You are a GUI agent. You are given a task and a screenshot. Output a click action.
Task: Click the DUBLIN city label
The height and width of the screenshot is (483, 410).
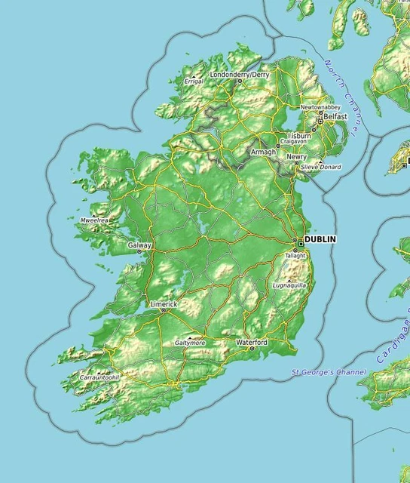(320, 239)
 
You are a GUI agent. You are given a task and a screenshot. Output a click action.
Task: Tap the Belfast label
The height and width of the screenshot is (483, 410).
(335, 117)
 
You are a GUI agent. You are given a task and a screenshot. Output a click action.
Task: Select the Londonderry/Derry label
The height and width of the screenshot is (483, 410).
(240, 75)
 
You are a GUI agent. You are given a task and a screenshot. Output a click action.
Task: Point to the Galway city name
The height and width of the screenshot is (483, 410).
(139, 245)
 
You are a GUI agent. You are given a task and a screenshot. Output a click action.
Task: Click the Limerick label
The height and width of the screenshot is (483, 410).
(164, 304)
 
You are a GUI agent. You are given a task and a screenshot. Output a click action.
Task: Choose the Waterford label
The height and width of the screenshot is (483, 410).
(252, 343)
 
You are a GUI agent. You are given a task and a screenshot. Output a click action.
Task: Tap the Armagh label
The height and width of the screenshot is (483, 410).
(263, 152)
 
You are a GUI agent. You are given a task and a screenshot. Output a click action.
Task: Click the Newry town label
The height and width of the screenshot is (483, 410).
(296, 157)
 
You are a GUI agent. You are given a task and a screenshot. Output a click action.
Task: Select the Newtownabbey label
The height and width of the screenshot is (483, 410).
(320, 108)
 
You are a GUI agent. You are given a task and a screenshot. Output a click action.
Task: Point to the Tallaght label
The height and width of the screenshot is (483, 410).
(295, 256)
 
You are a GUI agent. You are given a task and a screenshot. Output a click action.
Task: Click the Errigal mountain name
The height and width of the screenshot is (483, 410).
(194, 81)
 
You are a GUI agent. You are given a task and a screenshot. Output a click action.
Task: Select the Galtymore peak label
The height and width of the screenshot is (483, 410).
(189, 343)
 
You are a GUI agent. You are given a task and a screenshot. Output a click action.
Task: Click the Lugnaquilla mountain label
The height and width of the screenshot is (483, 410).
(289, 286)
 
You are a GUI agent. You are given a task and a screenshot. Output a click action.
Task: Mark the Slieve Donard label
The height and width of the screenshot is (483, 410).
(322, 167)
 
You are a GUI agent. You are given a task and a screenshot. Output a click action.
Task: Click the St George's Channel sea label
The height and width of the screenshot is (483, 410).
(329, 372)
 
